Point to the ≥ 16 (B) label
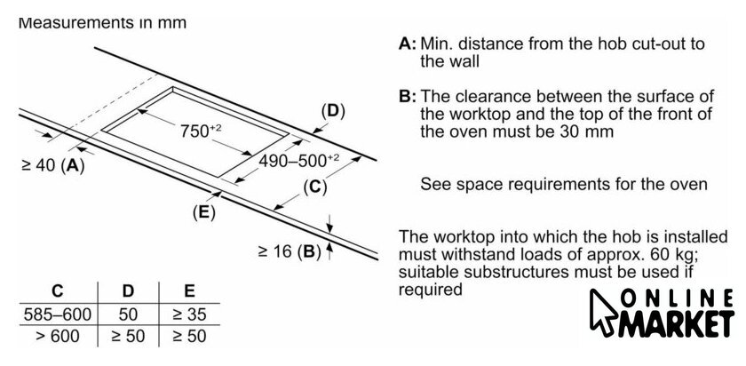coord(289,251)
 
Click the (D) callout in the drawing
coord(331,111)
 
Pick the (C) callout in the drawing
coord(314,187)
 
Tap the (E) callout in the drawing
coord(203,211)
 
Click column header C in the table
coord(57,290)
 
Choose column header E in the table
coord(188,290)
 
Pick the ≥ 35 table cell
coord(188,314)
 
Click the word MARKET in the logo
coord(683,324)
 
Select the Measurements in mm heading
coord(102,23)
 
